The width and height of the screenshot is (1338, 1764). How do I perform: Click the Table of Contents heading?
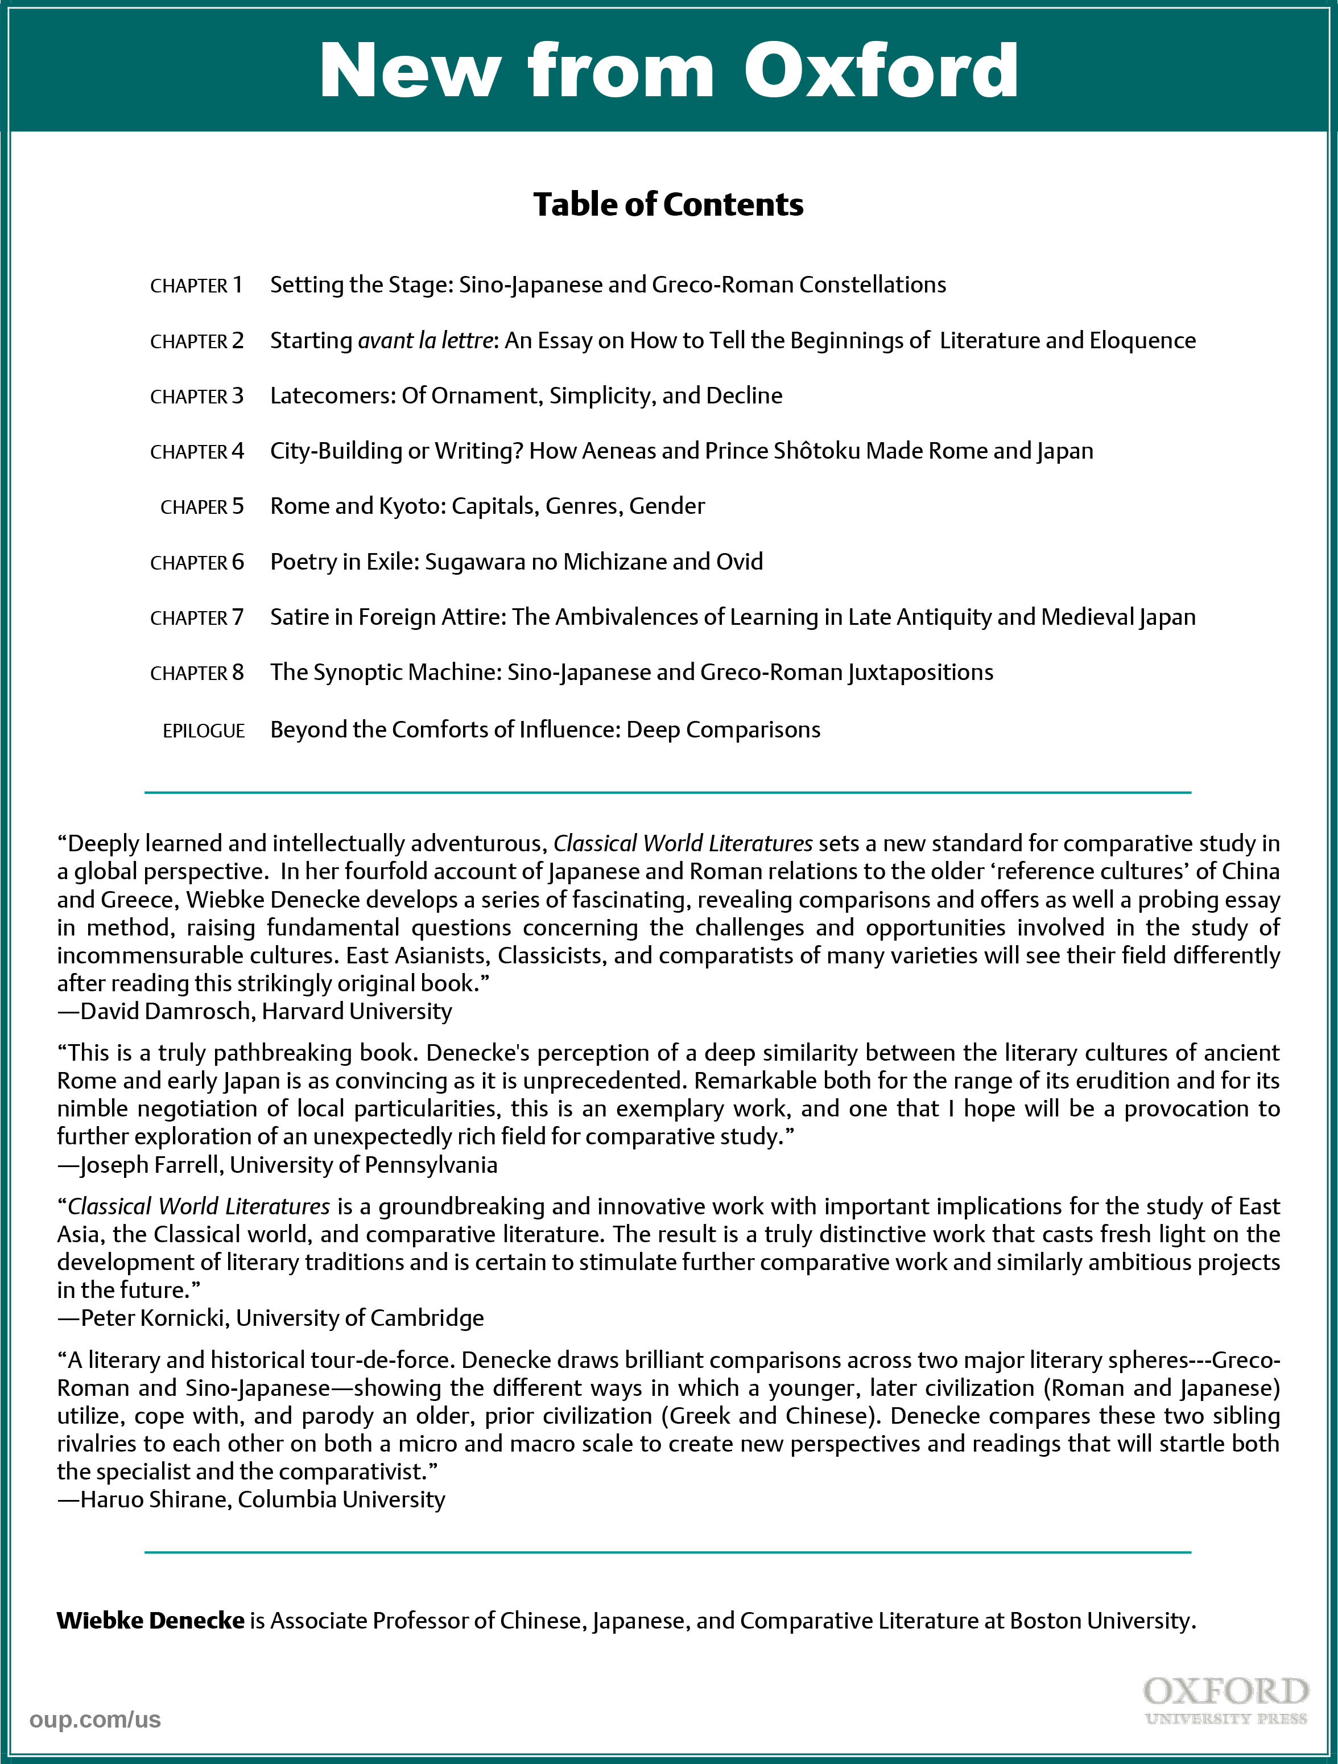(x=668, y=204)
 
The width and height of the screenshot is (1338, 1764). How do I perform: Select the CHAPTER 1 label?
(x=196, y=286)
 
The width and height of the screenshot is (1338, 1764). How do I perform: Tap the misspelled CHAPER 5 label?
(x=202, y=506)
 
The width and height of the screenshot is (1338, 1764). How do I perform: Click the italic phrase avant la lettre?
(x=425, y=340)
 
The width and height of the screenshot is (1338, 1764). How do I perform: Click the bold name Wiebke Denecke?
(x=150, y=1621)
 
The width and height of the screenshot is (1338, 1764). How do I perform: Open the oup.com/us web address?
(x=95, y=1720)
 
